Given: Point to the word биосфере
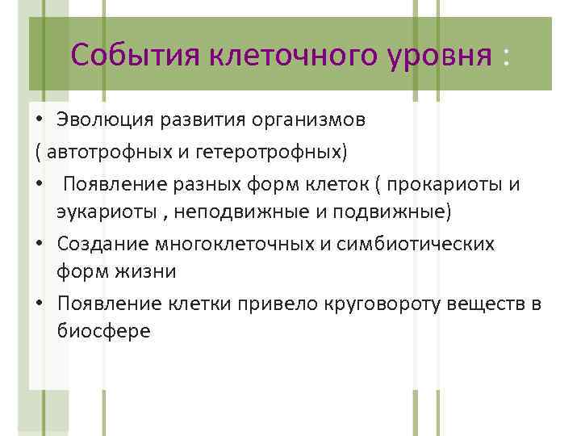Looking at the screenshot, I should [103, 332].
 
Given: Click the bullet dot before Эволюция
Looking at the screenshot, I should [38, 121].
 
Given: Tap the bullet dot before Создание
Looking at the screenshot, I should [38, 243].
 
